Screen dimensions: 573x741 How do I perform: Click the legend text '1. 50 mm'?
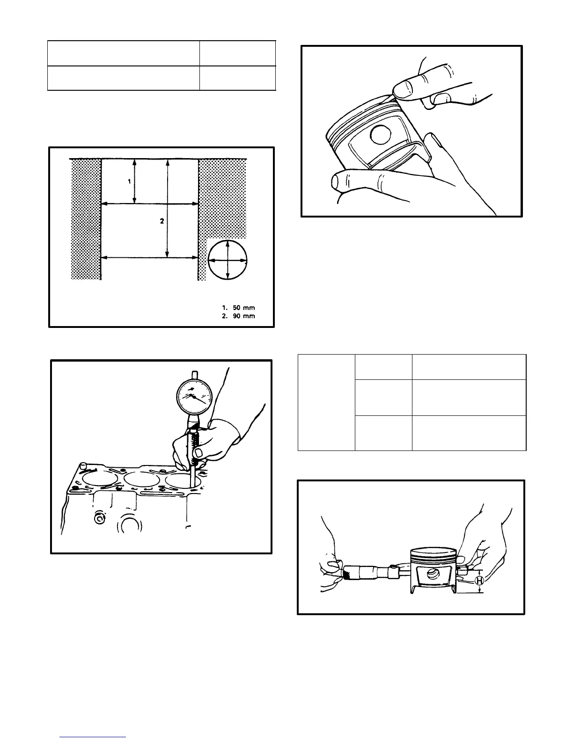click(238, 307)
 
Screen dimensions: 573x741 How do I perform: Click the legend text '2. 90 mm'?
click(238, 316)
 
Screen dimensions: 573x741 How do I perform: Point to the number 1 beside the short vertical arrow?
click(130, 182)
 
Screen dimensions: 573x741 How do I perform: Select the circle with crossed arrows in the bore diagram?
click(227, 260)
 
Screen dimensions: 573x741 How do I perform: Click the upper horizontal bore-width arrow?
click(150, 204)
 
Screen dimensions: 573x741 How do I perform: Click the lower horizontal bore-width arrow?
click(150, 257)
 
